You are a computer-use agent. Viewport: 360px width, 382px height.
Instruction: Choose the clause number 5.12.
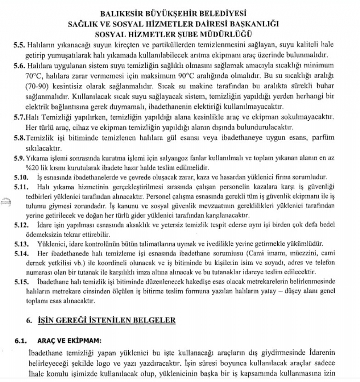[x=20, y=225]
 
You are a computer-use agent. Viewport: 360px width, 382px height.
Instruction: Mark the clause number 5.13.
[x=20, y=244]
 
